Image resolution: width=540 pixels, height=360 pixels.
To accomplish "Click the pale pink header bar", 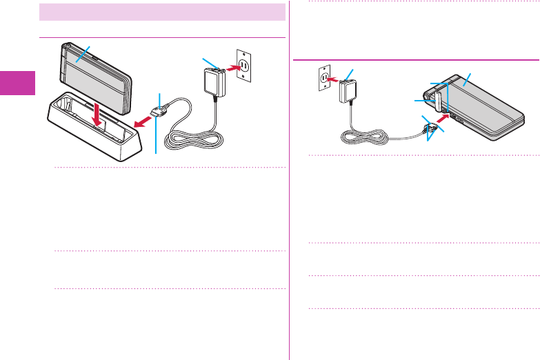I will pos(163,12).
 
